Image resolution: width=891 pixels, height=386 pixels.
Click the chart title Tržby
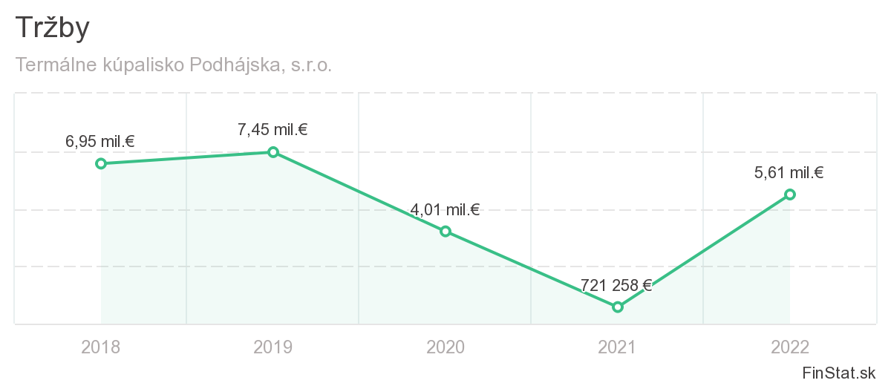[53, 28]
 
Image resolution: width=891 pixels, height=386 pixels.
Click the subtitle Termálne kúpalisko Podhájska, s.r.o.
[173, 65]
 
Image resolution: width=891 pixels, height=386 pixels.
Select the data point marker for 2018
[101, 163]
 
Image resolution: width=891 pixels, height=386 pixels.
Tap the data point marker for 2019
[273, 152]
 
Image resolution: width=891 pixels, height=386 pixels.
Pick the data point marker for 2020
[446, 231]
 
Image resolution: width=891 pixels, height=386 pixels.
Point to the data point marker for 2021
[618, 307]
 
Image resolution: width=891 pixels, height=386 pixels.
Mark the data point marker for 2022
[790, 194]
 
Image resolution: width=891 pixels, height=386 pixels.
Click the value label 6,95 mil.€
[100, 141]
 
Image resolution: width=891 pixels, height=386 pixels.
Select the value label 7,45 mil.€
[272, 130]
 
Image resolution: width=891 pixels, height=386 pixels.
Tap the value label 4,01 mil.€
[445, 209]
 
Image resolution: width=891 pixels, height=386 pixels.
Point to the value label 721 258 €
[616, 285]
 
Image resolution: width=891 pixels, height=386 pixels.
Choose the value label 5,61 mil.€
[789, 173]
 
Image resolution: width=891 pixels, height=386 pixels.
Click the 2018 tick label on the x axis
[101, 347]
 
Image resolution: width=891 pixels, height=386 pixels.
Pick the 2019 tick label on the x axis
[273, 347]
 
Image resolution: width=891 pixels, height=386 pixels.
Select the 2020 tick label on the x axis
[446, 347]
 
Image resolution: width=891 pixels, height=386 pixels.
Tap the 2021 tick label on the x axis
[618, 347]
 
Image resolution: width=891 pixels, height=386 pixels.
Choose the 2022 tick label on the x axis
[790, 347]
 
